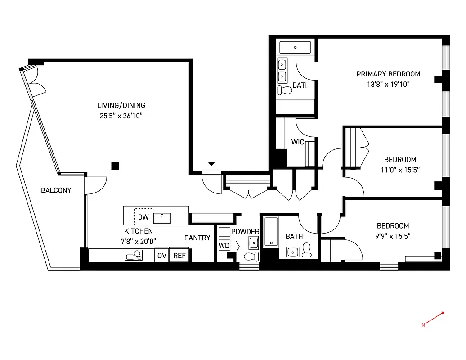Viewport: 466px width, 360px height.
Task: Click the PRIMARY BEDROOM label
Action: tap(388, 74)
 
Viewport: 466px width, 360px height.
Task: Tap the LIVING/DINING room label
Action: tap(121, 106)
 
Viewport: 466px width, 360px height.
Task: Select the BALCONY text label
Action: tap(56, 190)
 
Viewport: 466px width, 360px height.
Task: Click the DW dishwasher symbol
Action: tap(143, 217)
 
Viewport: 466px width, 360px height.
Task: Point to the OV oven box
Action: tap(161, 256)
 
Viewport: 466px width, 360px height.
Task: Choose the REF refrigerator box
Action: tap(179, 256)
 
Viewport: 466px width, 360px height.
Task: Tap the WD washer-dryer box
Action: tap(224, 246)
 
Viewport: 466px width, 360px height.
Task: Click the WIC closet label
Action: tap(298, 142)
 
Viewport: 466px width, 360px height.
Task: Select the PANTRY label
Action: tap(197, 238)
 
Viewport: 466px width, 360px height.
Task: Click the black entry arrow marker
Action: tap(211, 164)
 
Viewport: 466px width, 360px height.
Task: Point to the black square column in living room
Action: tap(115, 166)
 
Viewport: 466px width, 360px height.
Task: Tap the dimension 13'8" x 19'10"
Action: tap(388, 84)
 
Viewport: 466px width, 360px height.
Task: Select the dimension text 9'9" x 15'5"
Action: tap(393, 235)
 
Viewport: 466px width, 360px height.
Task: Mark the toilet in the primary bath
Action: tap(285, 90)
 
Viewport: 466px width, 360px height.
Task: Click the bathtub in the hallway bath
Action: tap(271, 232)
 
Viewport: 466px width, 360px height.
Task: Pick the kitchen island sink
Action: tap(162, 218)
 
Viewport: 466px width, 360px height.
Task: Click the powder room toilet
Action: tap(251, 256)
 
